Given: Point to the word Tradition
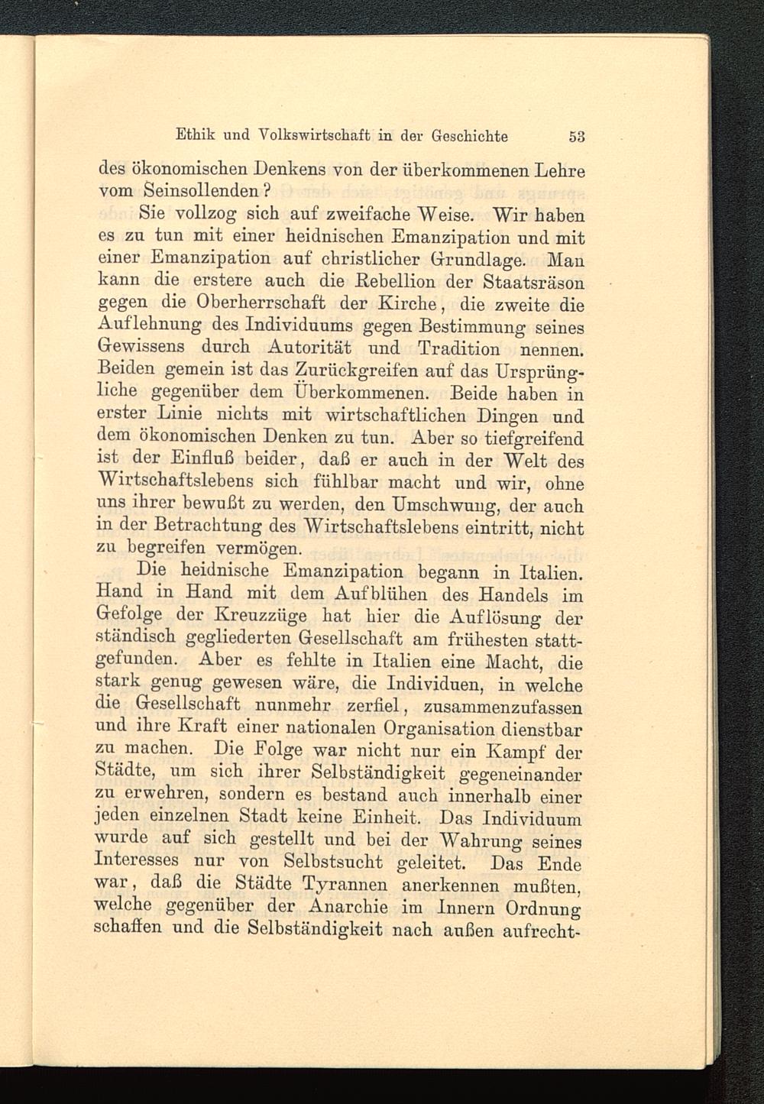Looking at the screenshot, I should coord(459,349).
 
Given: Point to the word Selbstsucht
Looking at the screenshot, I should coord(330,862).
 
